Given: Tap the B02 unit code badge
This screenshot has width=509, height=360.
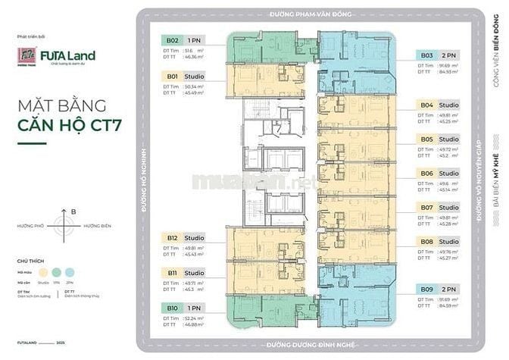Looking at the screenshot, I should (172, 39).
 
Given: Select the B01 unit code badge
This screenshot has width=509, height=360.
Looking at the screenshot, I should (172, 77).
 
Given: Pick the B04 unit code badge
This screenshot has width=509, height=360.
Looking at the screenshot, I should (426, 104).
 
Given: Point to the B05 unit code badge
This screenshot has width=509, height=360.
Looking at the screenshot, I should (426, 139).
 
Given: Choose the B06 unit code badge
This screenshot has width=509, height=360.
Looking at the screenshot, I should (426, 174).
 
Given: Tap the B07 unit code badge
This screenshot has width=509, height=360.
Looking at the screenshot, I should (426, 207).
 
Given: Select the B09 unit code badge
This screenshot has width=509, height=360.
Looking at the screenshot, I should (426, 289).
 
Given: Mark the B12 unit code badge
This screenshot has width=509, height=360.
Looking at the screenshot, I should (172, 238).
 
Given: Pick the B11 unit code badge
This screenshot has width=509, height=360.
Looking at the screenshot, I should (172, 273).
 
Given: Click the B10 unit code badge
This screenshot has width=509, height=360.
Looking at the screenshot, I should (172, 308).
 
